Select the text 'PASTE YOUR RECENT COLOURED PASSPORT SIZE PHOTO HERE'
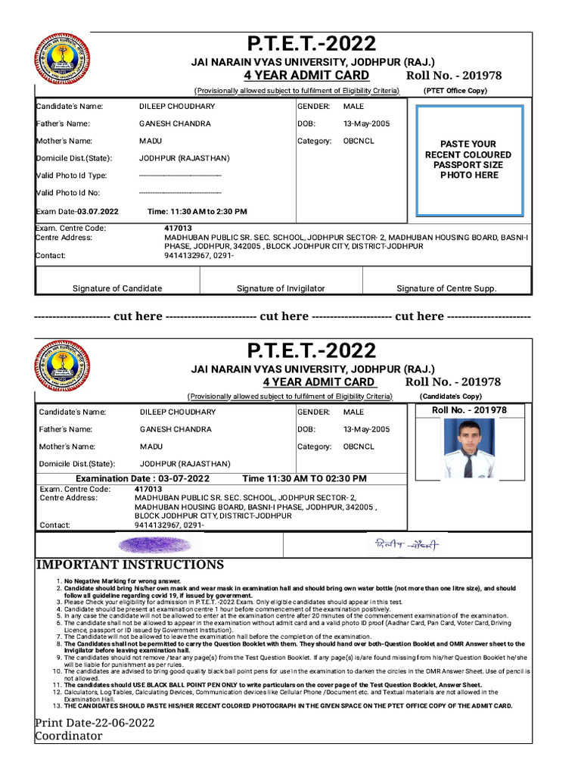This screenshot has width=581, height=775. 469,159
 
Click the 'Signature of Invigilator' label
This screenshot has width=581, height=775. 281,288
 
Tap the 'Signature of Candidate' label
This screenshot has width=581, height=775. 117,288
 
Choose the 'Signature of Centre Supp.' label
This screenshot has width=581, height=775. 446,288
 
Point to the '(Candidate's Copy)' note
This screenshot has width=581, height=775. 451,396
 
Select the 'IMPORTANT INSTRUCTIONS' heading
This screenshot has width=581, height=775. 129,565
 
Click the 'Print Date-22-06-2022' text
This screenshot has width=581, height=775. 95,723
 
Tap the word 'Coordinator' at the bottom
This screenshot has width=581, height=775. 69,736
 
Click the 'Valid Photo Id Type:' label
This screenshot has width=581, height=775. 73,176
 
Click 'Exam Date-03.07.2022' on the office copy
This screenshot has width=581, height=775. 77,212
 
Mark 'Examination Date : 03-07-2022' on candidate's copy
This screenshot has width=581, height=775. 142,479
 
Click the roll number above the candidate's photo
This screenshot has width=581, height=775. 469,410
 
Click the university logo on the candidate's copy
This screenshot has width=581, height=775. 62,366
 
